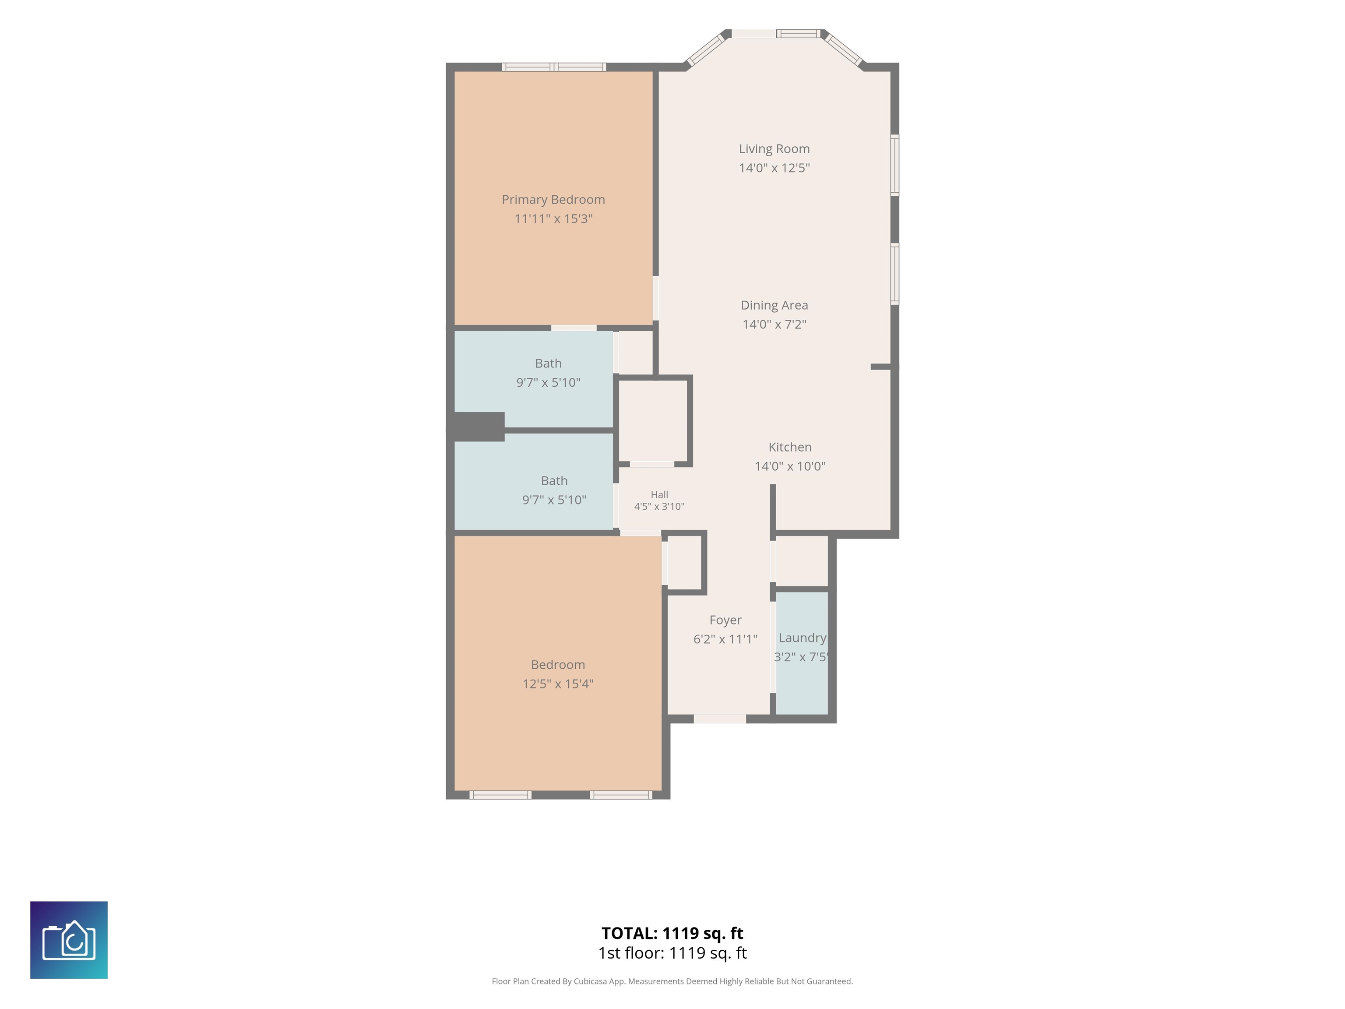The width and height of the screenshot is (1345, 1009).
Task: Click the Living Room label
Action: tap(774, 149)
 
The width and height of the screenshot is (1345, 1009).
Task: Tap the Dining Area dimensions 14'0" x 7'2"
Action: tap(774, 324)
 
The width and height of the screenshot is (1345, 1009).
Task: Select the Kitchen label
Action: tap(790, 447)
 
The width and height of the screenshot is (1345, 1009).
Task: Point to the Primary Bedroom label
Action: tap(553, 200)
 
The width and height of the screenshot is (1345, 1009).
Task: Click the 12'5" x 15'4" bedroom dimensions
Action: tap(558, 684)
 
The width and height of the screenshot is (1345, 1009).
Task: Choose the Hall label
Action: tap(659, 495)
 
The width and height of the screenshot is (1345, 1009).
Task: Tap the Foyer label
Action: tap(725, 621)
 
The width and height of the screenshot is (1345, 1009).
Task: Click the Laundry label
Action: tap(802, 638)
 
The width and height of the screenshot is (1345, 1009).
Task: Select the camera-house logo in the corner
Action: tap(69, 940)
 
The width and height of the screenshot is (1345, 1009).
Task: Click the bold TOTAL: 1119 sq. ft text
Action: tap(672, 933)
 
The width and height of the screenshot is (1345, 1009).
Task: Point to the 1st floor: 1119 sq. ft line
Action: tap(672, 953)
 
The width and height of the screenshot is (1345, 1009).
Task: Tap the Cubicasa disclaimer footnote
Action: tap(672, 981)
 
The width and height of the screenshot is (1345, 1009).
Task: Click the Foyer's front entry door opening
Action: tap(720, 719)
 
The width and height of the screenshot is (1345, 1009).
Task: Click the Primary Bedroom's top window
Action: tap(554, 67)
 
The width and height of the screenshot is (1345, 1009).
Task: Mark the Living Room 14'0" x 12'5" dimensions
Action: tap(774, 168)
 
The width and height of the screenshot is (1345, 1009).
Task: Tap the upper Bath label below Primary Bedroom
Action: tap(548, 363)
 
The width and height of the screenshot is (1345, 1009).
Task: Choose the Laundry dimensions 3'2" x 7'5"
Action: tap(801, 657)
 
